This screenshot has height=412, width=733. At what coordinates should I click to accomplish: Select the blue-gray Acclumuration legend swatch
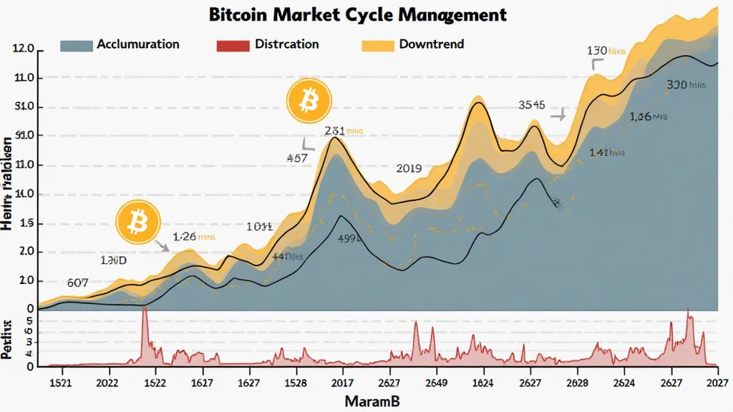(77, 45)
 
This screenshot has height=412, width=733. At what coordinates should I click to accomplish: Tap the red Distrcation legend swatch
(231, 45)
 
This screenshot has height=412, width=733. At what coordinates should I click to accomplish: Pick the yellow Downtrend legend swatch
(378, 45)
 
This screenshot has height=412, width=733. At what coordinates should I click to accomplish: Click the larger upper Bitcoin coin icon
(308, 101)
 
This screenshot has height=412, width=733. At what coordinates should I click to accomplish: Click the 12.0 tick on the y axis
(23, 49)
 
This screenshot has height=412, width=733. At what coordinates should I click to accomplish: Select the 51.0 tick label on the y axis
(23, 107)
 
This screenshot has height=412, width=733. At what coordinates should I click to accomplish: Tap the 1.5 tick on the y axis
(26, 223)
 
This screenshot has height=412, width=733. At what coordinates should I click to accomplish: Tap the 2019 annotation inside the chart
(409, 169)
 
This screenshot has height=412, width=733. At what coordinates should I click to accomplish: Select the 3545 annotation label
(532, 105)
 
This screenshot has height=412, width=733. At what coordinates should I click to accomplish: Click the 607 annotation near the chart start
(77, 282)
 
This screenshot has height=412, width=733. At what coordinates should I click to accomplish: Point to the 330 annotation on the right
(677, 85)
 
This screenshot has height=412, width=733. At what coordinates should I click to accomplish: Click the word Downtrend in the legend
(431, 44)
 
